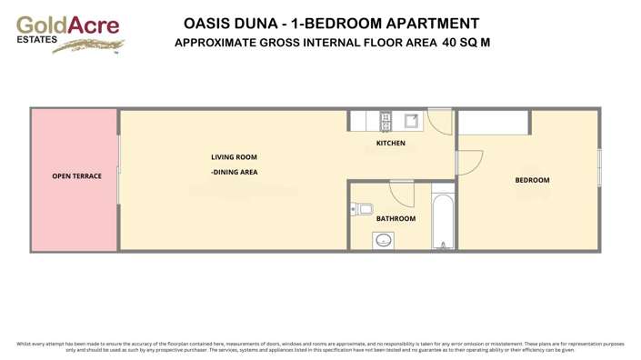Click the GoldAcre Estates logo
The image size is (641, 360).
69,34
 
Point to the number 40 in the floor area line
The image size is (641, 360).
450,42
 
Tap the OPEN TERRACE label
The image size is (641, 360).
76,176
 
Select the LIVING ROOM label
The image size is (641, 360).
234,157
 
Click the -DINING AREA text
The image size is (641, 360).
234,172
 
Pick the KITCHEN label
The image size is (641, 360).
391,144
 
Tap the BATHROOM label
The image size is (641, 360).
396,218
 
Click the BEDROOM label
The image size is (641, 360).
532,180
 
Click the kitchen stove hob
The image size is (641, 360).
386,121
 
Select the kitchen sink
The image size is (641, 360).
411,121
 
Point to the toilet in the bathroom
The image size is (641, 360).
362,209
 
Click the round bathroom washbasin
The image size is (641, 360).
384,240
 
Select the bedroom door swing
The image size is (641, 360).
468,163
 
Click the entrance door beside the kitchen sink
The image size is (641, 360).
440,122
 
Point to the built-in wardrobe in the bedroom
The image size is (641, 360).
495,123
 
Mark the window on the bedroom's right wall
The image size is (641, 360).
599,168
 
